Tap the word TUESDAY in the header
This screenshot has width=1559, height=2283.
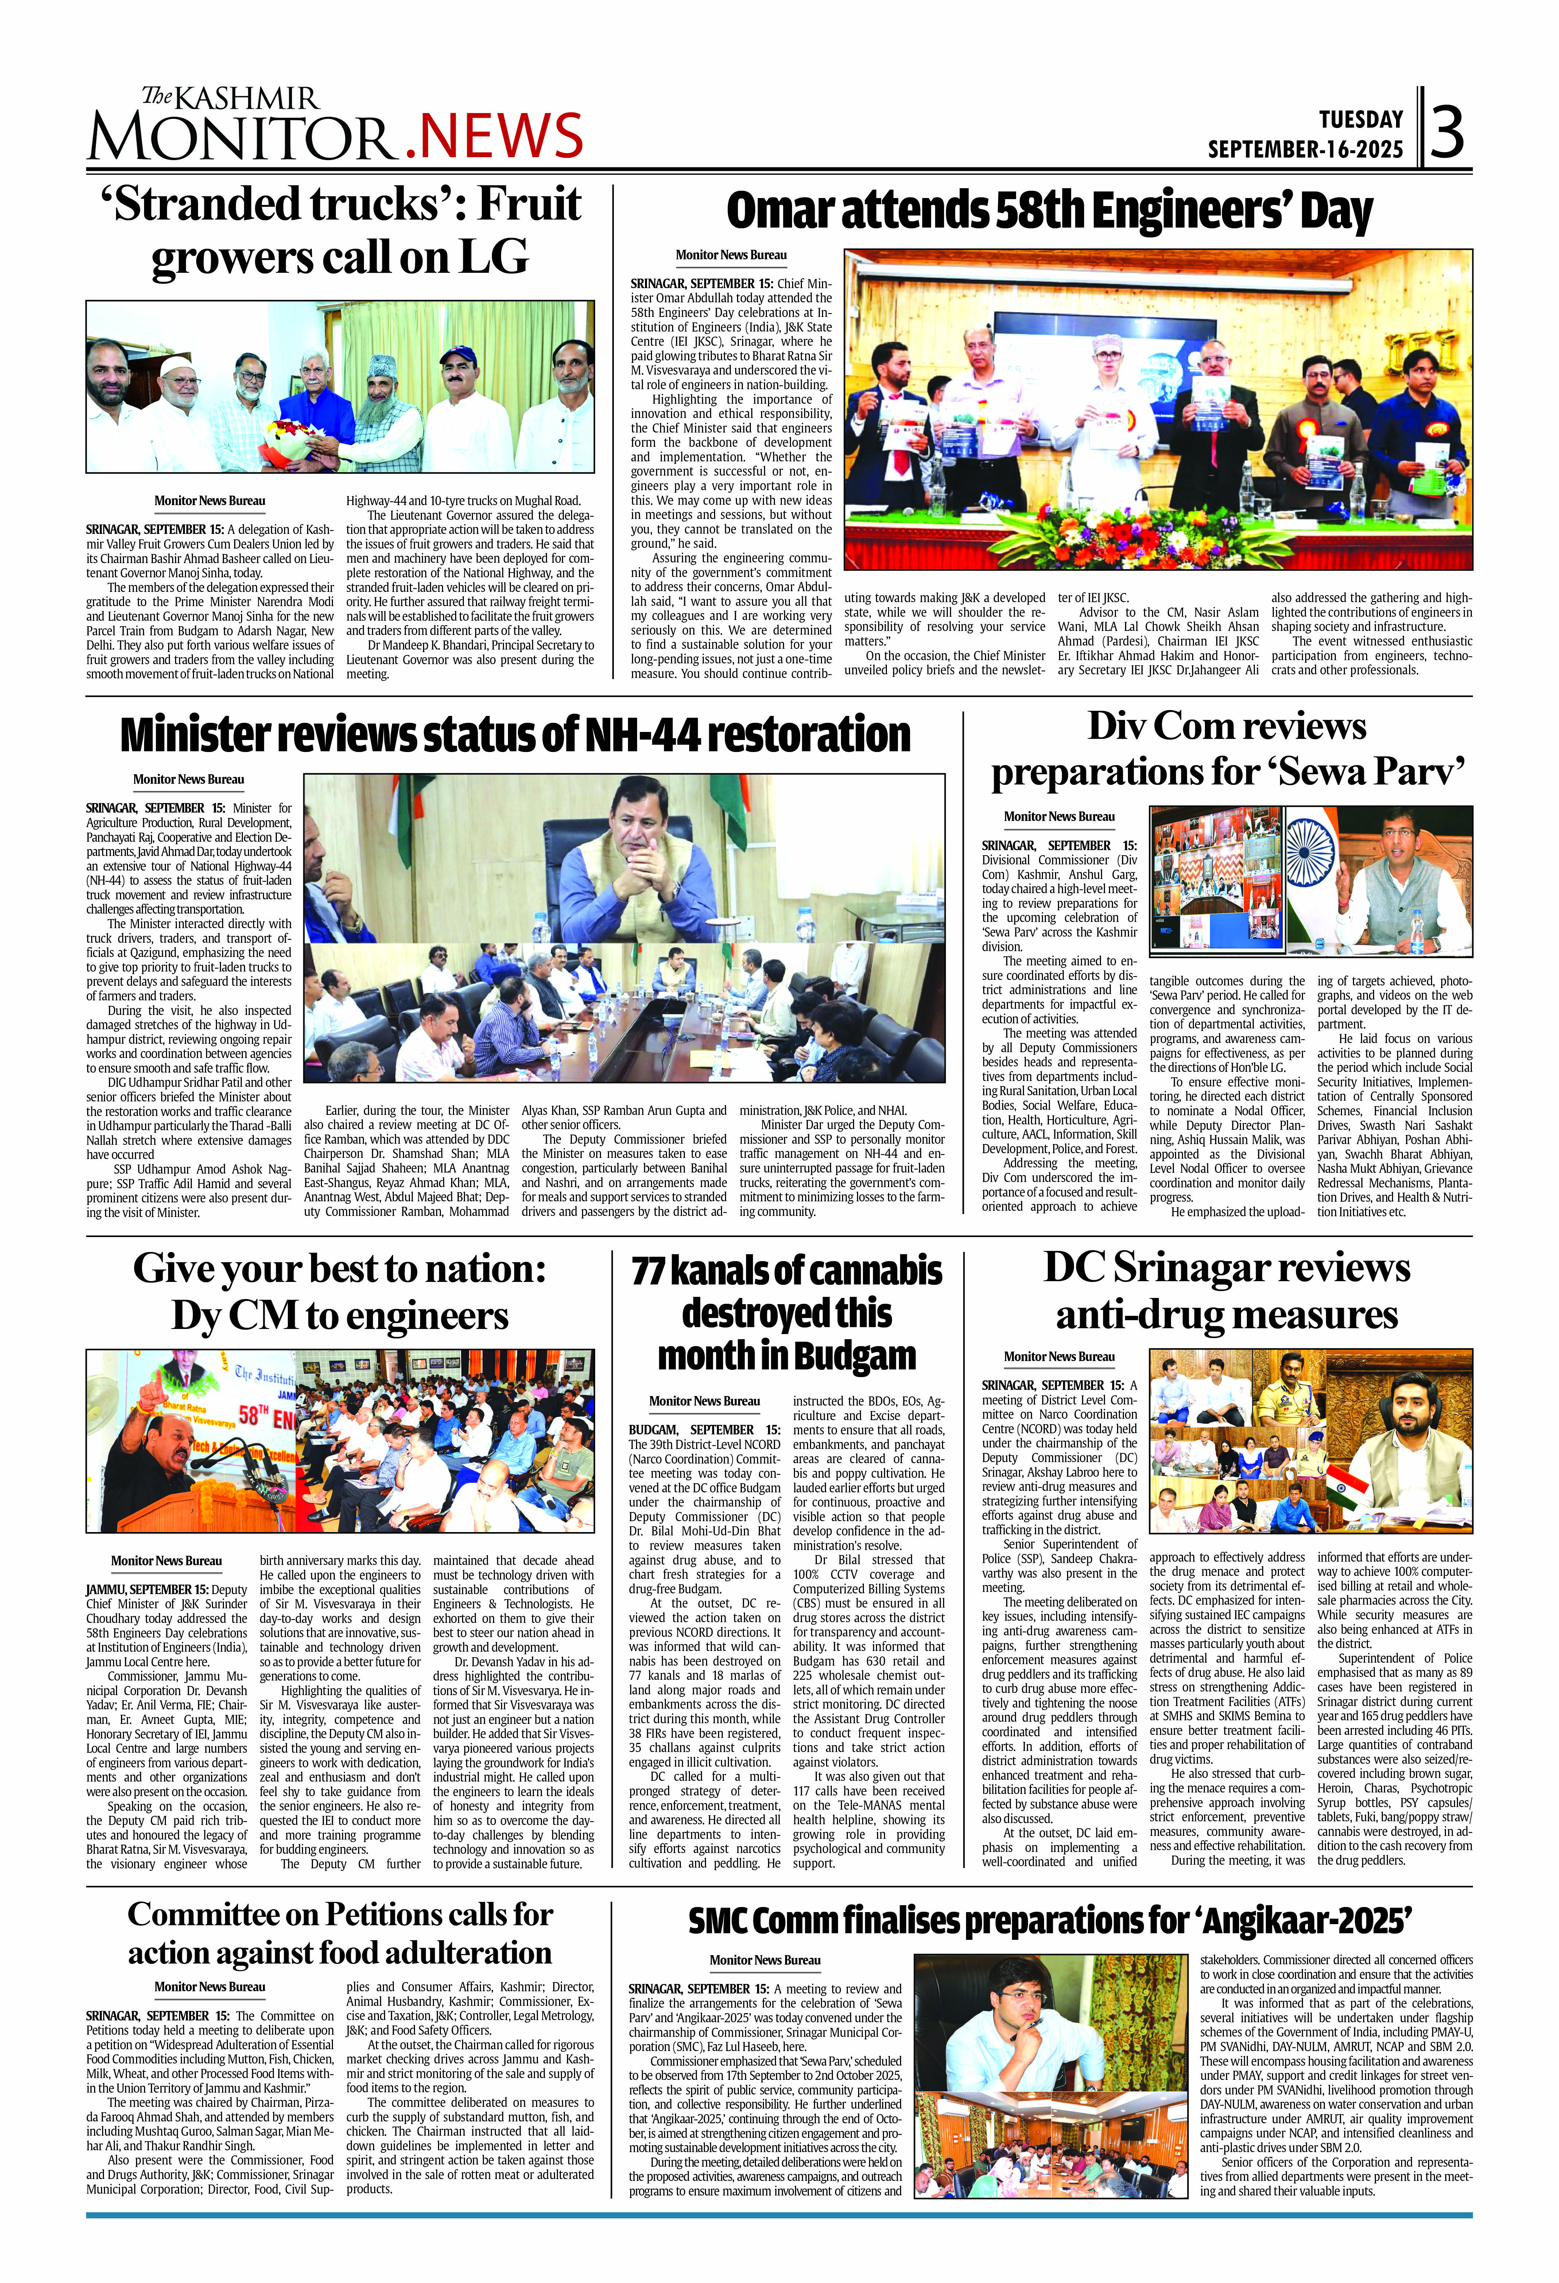1361,120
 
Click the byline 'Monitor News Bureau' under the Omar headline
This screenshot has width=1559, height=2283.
731,255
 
